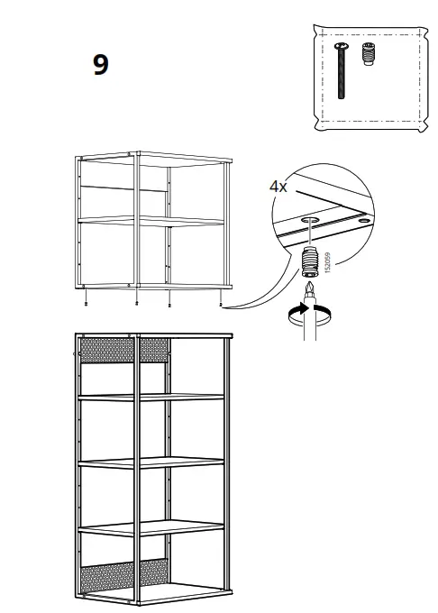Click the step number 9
(x=101, y=66)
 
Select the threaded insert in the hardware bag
(x=367, y=54)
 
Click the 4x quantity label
(x=278, y=187)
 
